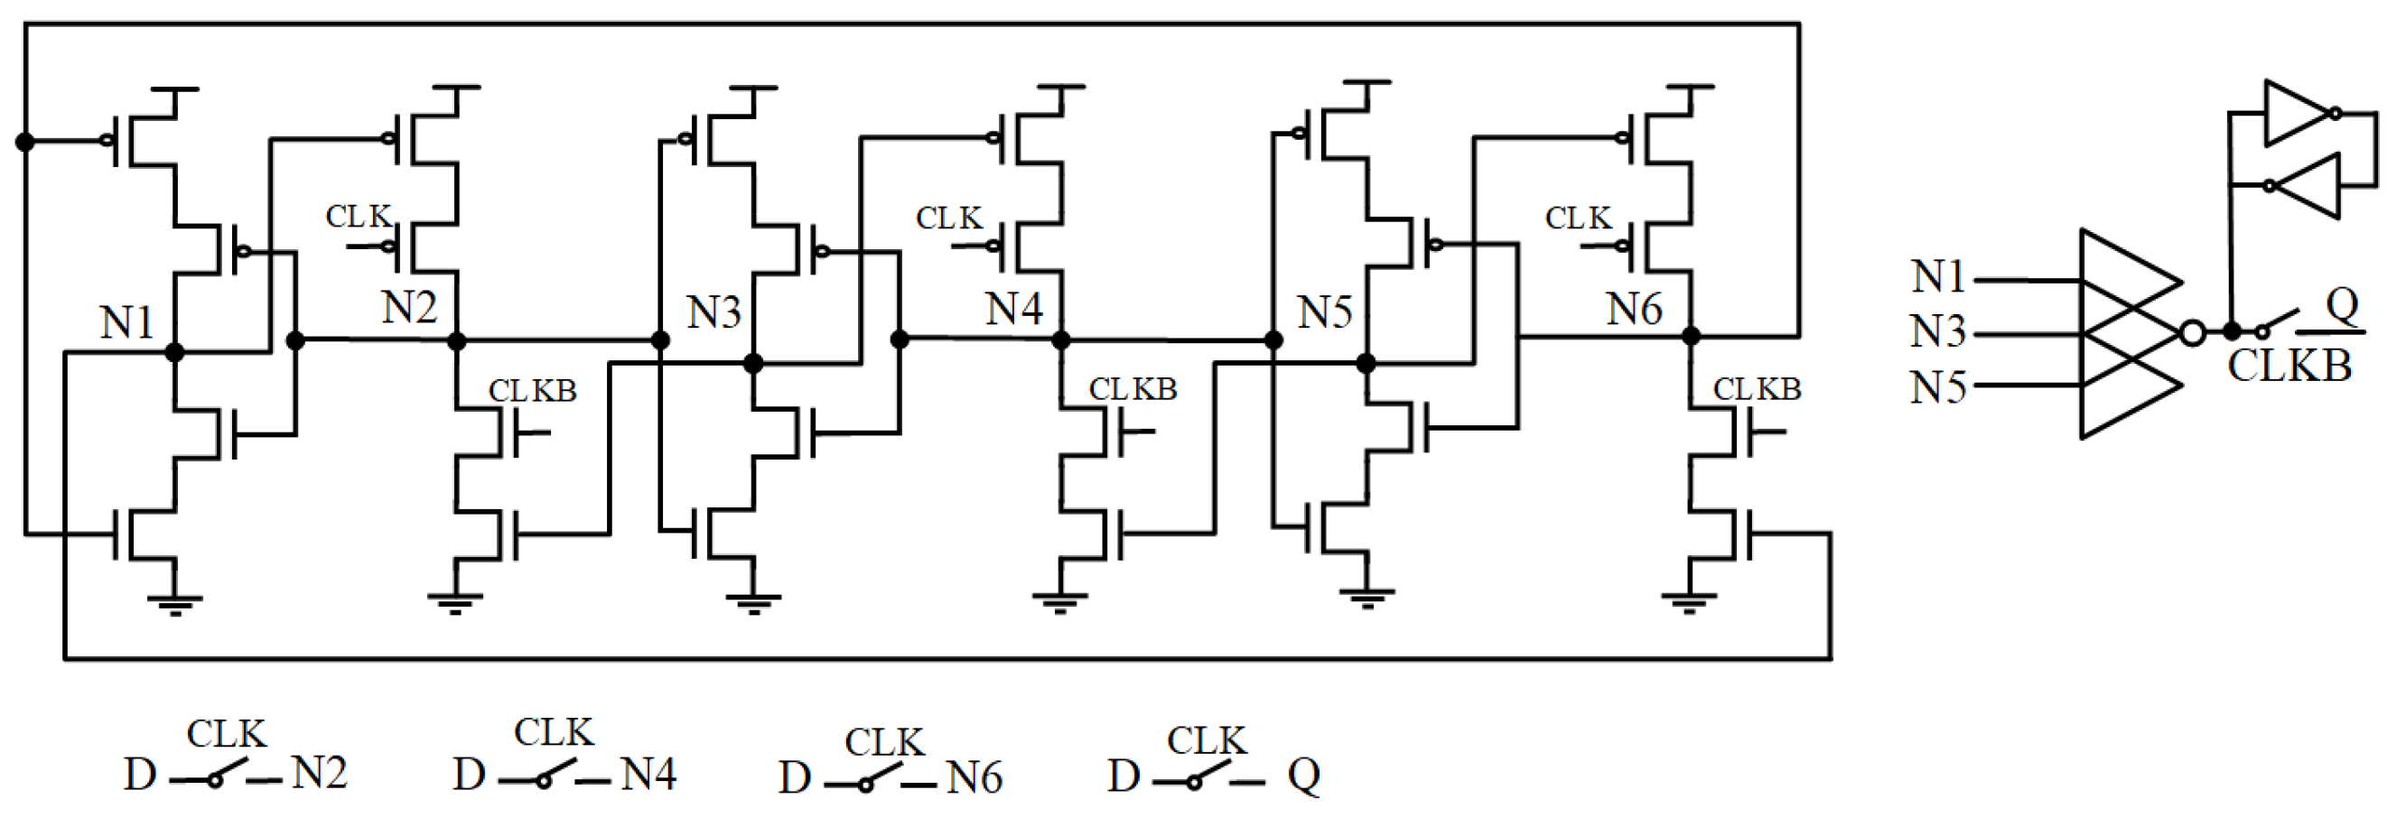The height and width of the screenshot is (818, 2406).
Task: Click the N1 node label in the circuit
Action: pyautogui.click(x=127, y=323)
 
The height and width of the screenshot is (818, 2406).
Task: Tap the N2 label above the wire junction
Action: pyautogui.click(x=409, y=306)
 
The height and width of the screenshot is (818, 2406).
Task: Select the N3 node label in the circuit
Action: pyautogui.click(x=713, y=311)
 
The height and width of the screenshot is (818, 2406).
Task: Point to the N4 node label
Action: pyautogui.click(x=1013, y=308)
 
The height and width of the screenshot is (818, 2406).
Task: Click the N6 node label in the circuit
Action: pyautogui.click(x=1634, y=308)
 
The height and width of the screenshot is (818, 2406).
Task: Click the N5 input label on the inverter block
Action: pyautogui.click(x=1938, y=386)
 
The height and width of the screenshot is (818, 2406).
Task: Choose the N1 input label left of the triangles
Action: pyautogui.click(x=1939, y=275)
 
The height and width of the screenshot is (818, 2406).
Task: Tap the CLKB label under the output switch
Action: pyautogui.click(x=2289, y=365)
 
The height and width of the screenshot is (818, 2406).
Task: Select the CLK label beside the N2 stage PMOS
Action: pyautogui.click(x=358, y=216)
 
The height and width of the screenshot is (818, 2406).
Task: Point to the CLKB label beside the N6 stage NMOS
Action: pyautogui.click(x=1756, y=388)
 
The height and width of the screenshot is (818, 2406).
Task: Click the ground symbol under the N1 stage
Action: pyautogui.click(x=174, y=603)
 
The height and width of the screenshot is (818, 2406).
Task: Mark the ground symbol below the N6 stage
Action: pyautogui.click(x=1689, y=601)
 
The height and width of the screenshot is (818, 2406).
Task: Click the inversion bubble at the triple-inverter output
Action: pyautogui.click(x=2192, y=332)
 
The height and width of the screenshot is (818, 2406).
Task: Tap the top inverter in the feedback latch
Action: pyautogui.click(x=2301, y=113)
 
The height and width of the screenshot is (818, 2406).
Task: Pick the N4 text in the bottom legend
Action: pyautogui.click(x=648, y=773)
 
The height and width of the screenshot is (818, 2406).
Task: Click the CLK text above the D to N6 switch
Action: pyautogui.click(x=883, y=742)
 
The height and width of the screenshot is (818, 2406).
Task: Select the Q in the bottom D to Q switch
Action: pyautogui.click(x=1304, y=775)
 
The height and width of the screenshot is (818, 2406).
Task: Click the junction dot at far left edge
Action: pyautogui.click(x=25, y=142)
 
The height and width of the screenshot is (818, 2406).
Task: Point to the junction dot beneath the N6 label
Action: pyautogui.click(x=1691, y=335)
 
